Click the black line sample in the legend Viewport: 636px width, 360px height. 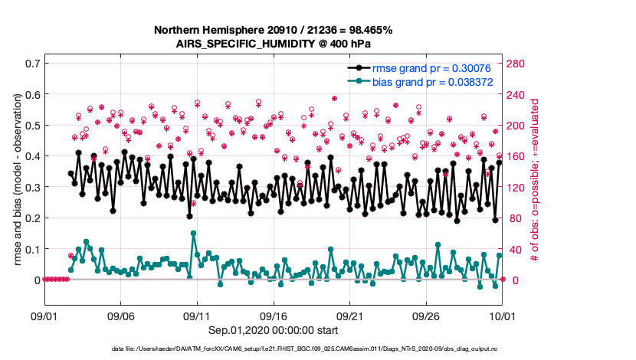click(x=359, y=67)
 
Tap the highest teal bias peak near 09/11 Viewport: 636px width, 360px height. click(x=193, y=233)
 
